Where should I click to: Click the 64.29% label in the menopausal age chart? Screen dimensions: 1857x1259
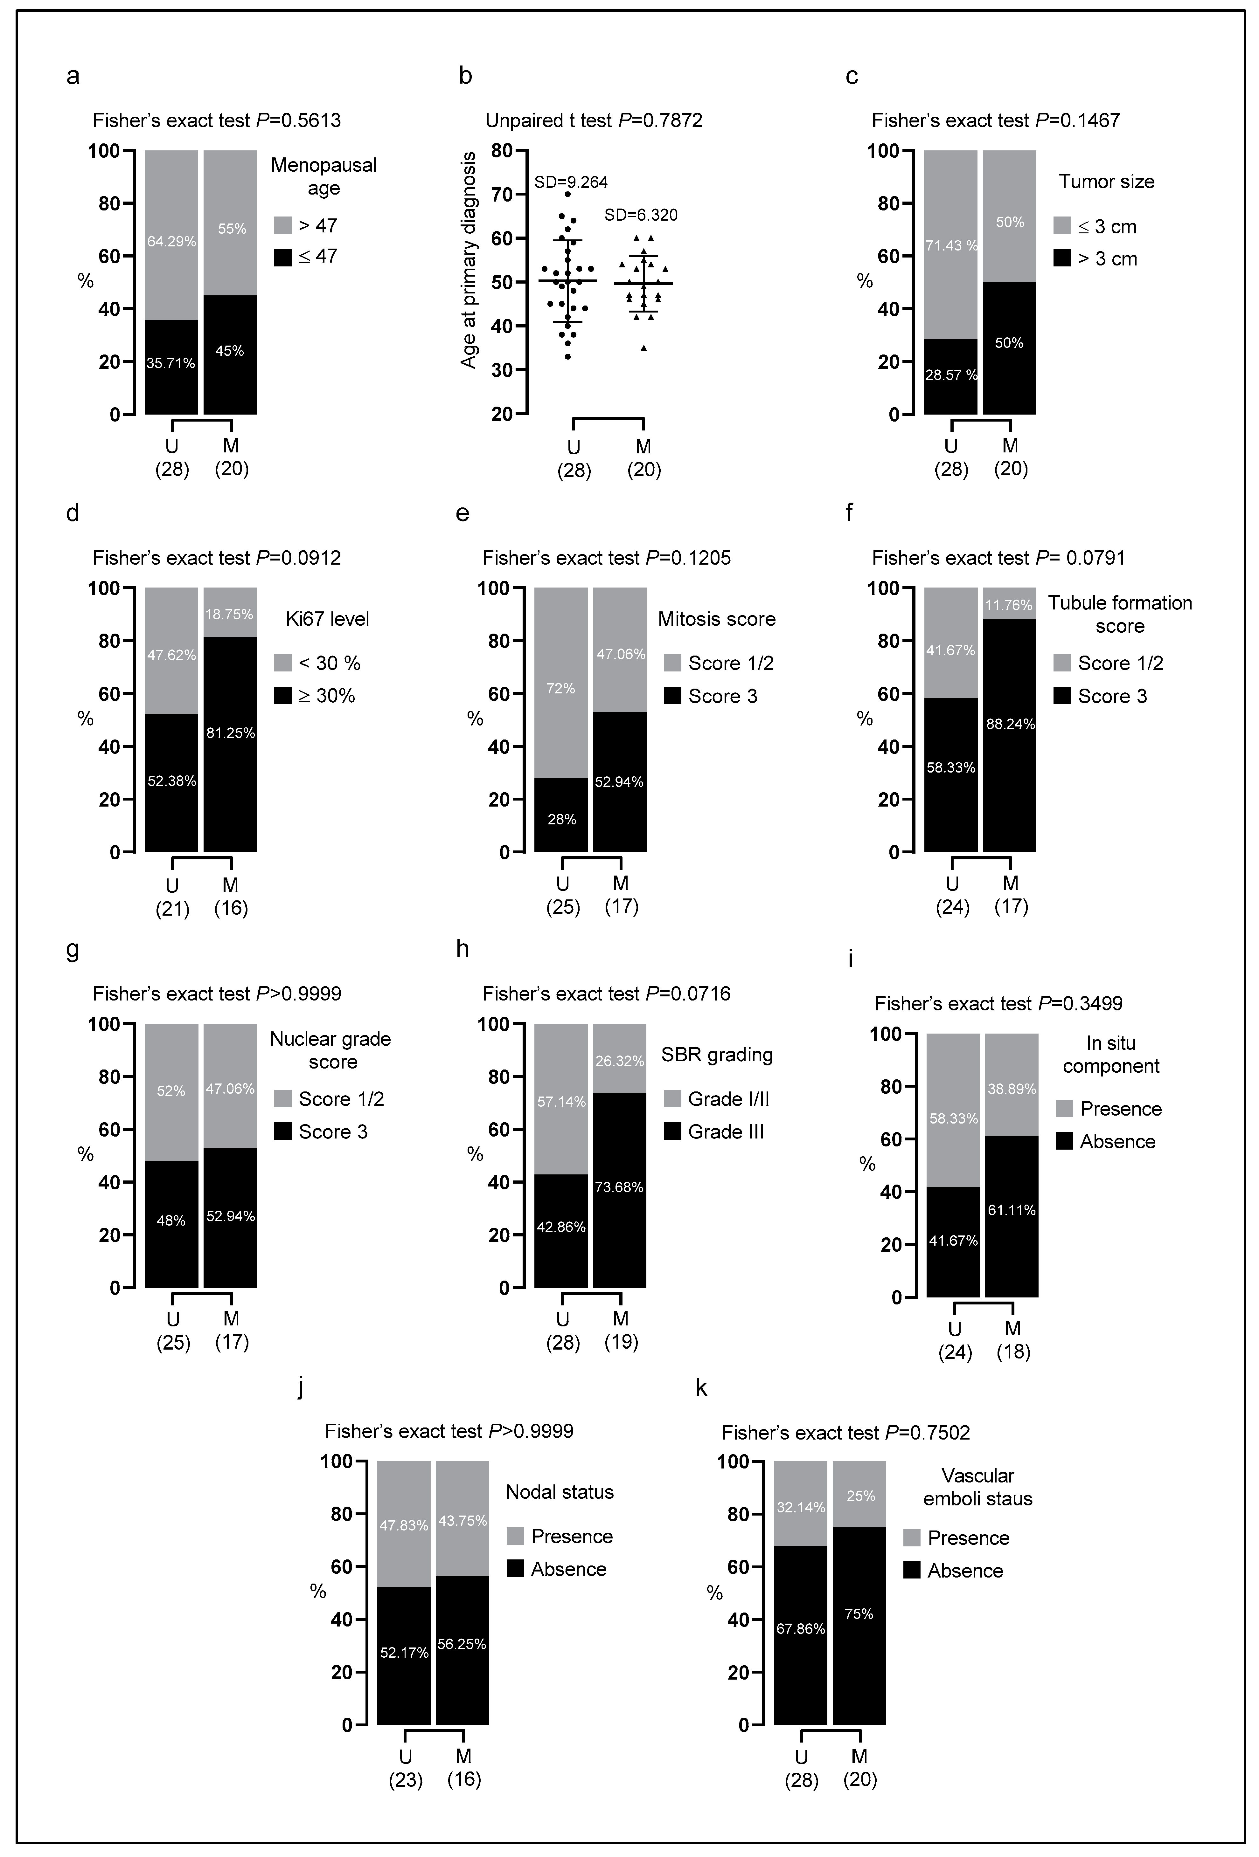click(171, 241)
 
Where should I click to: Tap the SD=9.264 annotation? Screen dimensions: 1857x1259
click(571, 182)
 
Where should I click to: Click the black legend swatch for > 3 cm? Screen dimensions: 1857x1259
click(1061, 258)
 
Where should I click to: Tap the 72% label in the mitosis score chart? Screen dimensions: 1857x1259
click(561, 688)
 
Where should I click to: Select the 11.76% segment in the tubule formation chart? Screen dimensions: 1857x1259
click(1009, 605)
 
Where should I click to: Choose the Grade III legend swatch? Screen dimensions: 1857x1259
click(672, 1131)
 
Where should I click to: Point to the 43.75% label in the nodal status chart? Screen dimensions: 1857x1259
click(462, 1521)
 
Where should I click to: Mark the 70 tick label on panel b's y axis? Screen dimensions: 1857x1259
click(500, 194)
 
